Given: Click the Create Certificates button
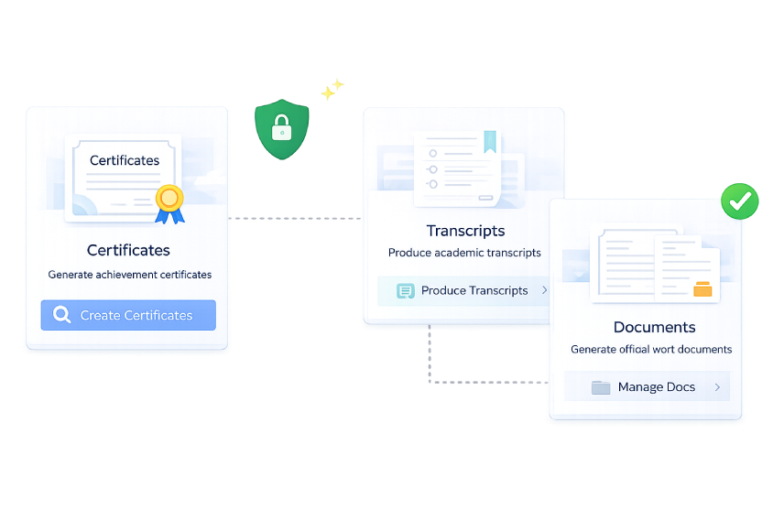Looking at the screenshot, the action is [x=128, y=315].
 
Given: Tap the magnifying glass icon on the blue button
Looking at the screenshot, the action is [x=62, y=314].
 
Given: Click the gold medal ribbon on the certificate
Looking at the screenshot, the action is [x=169, y=204].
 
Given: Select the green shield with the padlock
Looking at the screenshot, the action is [x=281, y=129].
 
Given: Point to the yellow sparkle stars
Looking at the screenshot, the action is [x=332, y=89].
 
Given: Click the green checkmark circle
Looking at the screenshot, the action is [x=739, y=201].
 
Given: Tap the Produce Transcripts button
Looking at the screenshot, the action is [x=463, y=291].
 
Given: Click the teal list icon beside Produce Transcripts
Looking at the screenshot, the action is [x=405, y=291].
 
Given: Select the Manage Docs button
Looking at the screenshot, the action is [x=647, y=386].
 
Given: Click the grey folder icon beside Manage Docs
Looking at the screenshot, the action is [x=601, y=387].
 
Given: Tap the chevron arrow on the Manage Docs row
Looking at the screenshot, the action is [x=717, y=387].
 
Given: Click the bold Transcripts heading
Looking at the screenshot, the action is [x=466, y=231].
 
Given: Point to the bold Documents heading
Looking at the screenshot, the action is [x=654, y=327].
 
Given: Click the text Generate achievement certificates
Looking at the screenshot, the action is [x=130, y=275].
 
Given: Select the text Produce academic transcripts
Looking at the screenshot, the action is [x=464, y=253].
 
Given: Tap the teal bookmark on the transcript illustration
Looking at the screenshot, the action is [x=489, y=141].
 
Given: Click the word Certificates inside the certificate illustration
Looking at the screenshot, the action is [x=125, y=160].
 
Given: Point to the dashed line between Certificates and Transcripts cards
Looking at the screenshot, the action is [x=295, y=218].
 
